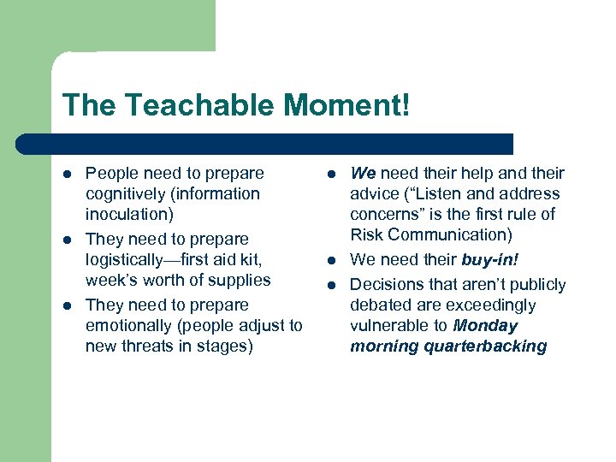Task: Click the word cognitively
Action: [126, 194]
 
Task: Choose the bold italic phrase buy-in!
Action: [490, 260]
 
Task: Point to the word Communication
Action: [447, 235]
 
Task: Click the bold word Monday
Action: [486, 326]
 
